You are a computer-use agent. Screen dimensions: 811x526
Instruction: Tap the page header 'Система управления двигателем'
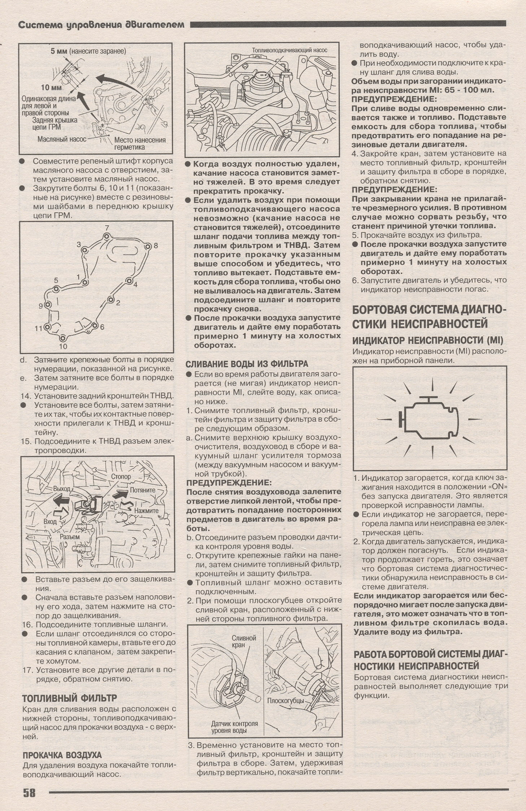(101, 25)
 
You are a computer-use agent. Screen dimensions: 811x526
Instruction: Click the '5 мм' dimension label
(58, 51)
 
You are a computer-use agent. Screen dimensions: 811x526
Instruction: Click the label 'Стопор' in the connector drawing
(121, 476)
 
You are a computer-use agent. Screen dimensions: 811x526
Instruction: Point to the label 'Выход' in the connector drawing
(61, 488)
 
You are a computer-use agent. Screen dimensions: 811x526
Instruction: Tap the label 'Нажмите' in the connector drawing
(146, 511)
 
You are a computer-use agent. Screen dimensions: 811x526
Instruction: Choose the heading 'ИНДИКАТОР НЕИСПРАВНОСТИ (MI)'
(428, 340)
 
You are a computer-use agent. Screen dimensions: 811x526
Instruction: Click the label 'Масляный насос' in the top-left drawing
(62, 139)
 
